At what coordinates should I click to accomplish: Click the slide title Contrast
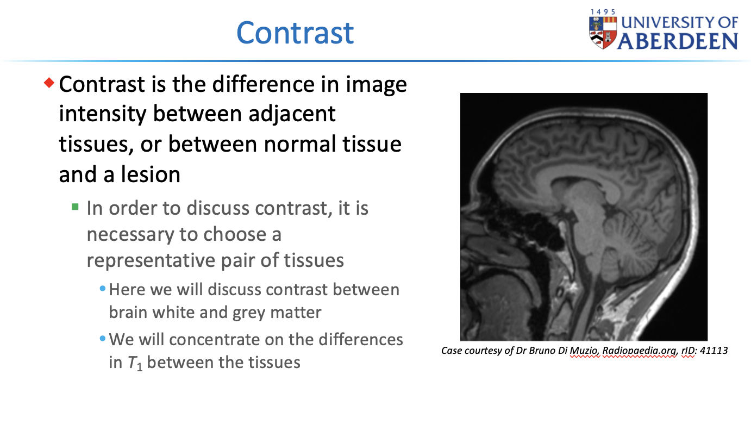click(295, 33)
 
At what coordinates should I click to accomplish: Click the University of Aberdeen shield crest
click(603, 33)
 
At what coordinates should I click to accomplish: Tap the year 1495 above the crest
click(603, 12)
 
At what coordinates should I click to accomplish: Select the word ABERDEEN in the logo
click(678, 41)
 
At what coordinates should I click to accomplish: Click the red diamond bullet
click(49, 83)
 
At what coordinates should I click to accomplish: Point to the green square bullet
click(75, 207)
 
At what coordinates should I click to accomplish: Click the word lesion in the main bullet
click(151, 174)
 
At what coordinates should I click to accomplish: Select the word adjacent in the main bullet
click(292, 114)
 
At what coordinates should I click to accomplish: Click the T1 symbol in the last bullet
click(135, 363)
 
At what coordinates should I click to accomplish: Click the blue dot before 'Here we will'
click(103, 289)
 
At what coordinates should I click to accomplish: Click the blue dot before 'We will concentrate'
click(103, 339)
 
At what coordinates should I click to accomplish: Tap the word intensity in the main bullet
click(103, 114)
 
